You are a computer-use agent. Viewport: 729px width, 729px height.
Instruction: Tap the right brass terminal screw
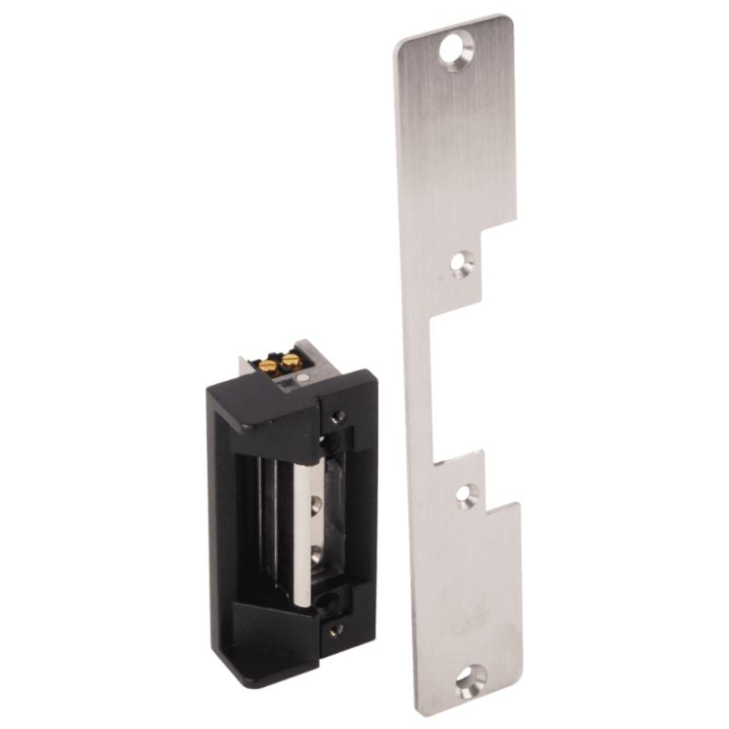click(x=291, y=362)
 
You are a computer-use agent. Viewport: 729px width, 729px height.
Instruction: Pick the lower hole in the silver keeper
click(x=316, y=552)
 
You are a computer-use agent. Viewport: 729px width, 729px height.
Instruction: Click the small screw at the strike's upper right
click(x=338, y=417)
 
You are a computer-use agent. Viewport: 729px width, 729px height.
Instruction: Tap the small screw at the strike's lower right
click(x=336, y=629)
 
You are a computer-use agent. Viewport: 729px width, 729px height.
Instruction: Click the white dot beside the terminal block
click(x=313, y=375)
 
